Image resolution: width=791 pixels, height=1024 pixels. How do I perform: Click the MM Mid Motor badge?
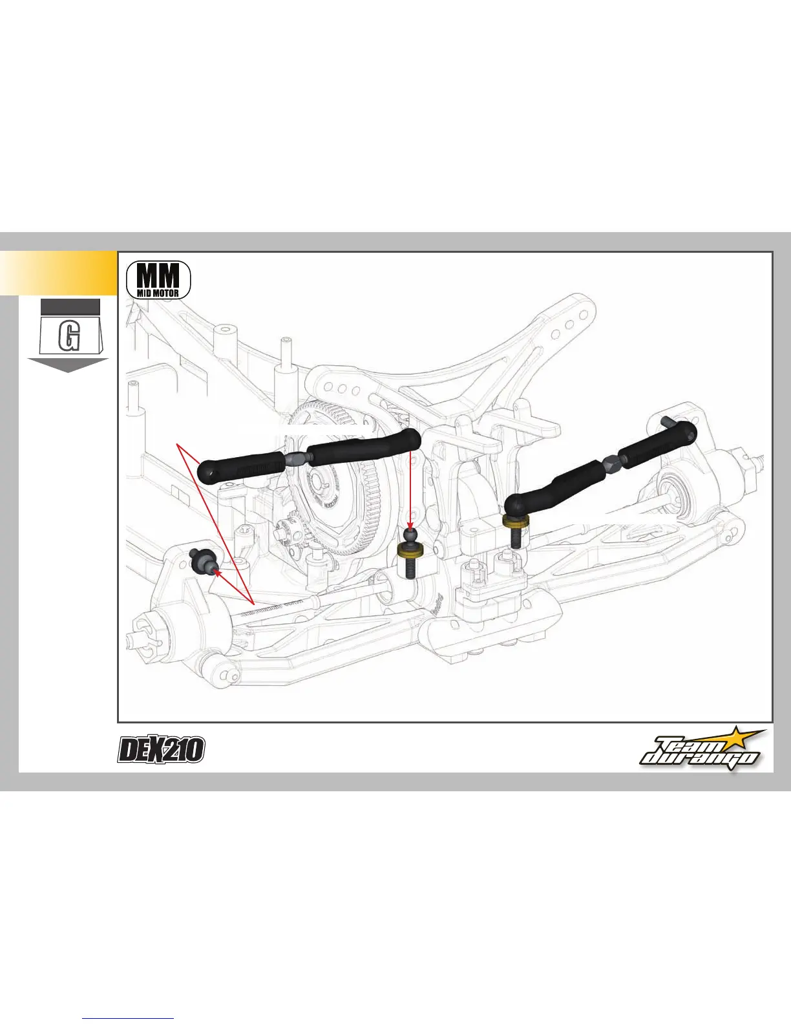(159, 279)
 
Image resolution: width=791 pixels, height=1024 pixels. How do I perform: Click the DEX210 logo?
(161, 750)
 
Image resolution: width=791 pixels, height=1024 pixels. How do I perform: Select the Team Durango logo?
(701, 750)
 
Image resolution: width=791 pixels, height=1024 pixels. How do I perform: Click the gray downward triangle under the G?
(67, 364)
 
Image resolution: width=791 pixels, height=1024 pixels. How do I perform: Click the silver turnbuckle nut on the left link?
(293, 459)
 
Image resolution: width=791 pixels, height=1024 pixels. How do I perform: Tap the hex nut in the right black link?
(610, 463)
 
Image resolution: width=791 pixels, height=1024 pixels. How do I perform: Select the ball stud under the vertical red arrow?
(410, 536)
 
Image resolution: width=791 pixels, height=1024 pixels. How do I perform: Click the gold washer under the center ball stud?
(410, 550)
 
